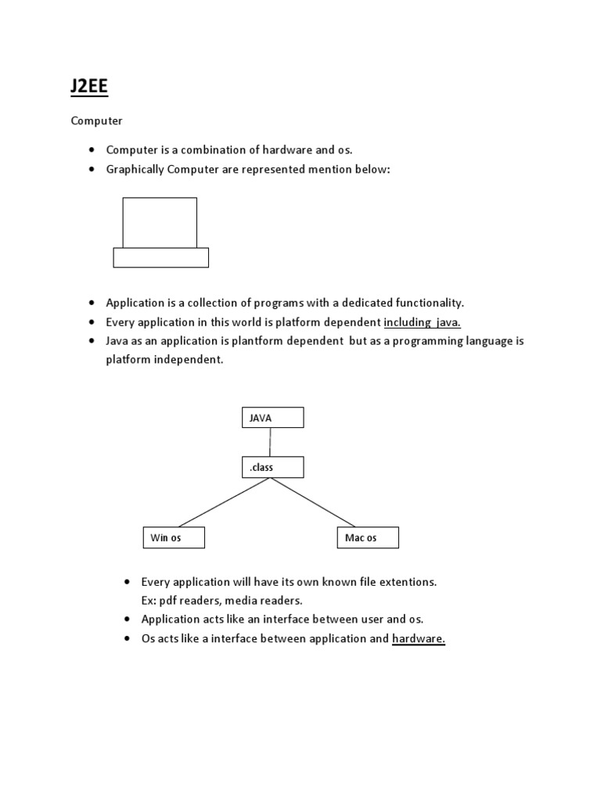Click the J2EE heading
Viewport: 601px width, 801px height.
click(88, 86)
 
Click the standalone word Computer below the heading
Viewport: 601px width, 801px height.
click(97, 121)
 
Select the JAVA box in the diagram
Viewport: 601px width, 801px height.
click(272, 418)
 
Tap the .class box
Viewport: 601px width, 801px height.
click(272, 467)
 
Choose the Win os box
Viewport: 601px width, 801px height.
click(173, 537)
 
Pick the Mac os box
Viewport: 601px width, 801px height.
click(368, 537)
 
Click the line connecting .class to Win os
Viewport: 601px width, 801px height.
click(224, 501)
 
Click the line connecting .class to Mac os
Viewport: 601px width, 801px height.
click(313, 501)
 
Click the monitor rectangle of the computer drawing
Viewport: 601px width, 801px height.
click(160, 222)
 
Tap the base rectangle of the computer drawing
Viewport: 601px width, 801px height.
click(160, 257)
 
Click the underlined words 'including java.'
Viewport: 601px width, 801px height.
click(422, 322)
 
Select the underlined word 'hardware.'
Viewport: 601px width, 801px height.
click(419, 639)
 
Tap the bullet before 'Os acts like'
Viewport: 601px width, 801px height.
click(127, 639)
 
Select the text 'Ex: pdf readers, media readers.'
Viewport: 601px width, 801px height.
click(221, 601)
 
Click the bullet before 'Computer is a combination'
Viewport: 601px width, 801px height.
click(92, 150)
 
